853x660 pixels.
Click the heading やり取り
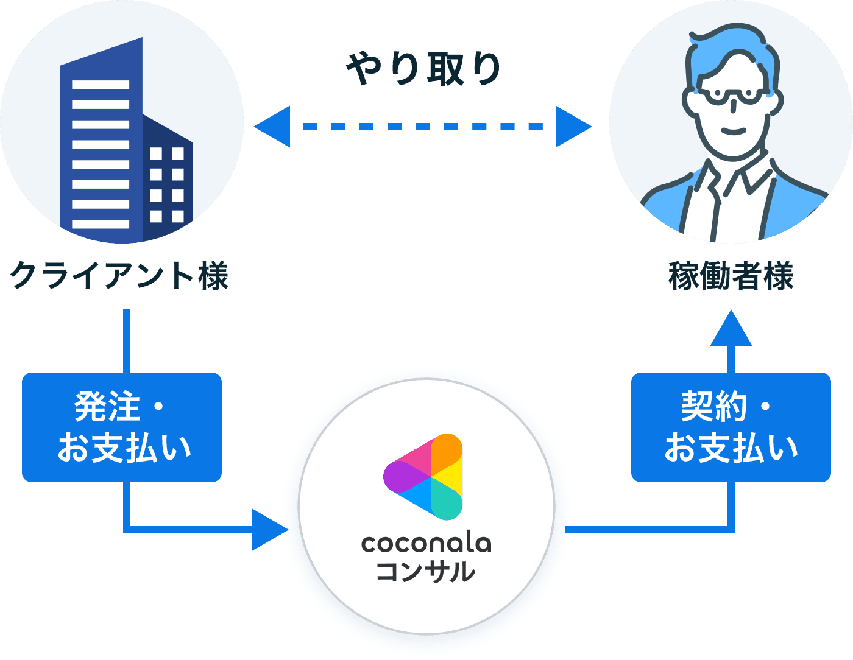click(423, 68)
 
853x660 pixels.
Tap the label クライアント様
click(119, 275)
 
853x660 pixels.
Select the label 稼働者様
click(731, 276)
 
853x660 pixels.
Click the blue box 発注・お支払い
click(122, 427)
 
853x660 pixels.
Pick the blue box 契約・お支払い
click(731, 427)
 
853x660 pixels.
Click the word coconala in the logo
click(426, 542)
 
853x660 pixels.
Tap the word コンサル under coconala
click(425, 572)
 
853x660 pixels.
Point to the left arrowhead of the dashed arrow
click(272, 127)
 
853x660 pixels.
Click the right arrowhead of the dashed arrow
click(573, 127)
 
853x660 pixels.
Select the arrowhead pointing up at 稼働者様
click(731, 329)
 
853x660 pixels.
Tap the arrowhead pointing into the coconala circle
click(269, 530)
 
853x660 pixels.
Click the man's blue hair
click(725, 52)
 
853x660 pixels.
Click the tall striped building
click(101, 146)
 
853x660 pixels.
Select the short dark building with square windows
click(168, 183)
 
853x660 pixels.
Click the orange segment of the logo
click(447, 451)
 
